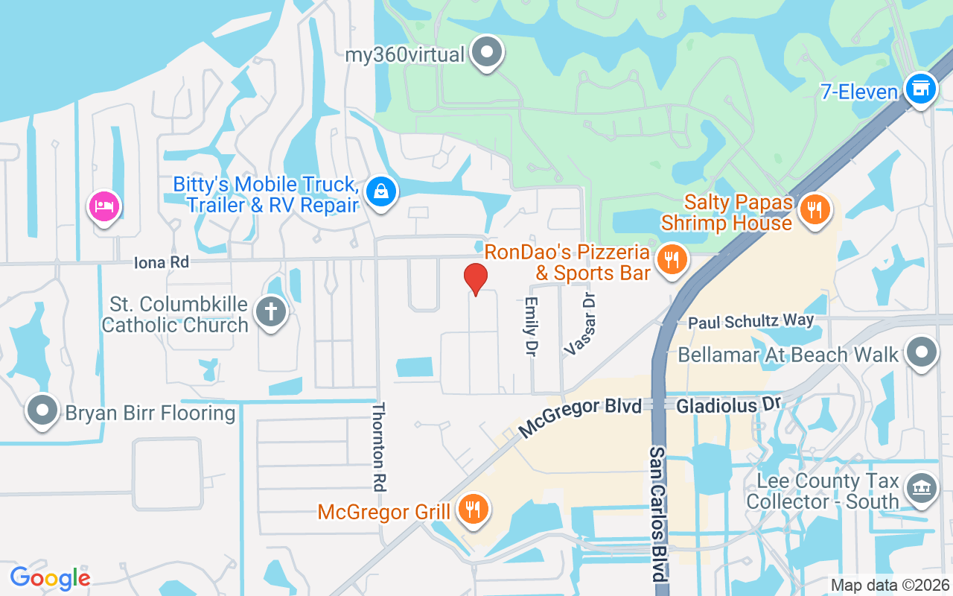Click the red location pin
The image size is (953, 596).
pyautogui.click(x=476, y=279)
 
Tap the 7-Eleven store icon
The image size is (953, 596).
pyautogui.click(x=920, y=89)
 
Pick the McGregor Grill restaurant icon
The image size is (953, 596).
pyautogui.click(x=471, y=509)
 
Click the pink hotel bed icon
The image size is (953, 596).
pyautogui.click(x=104, y=206)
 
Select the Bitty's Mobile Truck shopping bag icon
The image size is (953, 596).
pyautogui.click(x=381, y=191)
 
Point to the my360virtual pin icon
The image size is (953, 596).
pyautogui.click(x=488, y=52)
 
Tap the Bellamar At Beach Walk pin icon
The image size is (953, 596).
pyautogui.click(x=922, y=352)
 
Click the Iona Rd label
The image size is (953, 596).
pyautogui.click(x=162, y=262)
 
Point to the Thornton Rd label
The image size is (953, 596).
pyautogui.click(x=380, y=446)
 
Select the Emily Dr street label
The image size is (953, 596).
pyautogui.click(x=531, y=326)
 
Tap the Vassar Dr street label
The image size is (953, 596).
pyautogui.click(x=581, y=323)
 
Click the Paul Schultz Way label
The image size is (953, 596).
pyautogui.click(x=750, y=322)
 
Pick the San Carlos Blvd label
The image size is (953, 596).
pyautogui.click(x=658, y=514)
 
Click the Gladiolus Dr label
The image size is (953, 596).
pyautogui.click(x=728, y=405)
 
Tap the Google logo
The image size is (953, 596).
pyautogui.click(x=50, y=577)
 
